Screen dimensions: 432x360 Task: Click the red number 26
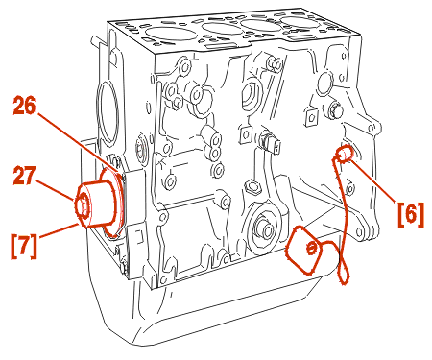(24, 106)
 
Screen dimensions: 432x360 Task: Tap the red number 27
(24, 176)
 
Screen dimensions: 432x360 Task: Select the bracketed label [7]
(24, 246)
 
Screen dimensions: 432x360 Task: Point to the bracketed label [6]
(411, 214)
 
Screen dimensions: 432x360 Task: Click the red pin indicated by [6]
(344, 154)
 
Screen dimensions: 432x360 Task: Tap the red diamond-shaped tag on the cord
(303, 250)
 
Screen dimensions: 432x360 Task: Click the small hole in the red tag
(311, 248)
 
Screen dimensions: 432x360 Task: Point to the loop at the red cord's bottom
(344, 272)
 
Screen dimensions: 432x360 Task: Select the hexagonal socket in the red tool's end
(83, 207)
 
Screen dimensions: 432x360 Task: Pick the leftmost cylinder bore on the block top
(166, 34)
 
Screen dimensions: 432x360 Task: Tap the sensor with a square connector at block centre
(271, 143)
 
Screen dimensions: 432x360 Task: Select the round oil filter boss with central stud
(265, 226)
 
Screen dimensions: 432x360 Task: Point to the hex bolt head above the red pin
(335, 109)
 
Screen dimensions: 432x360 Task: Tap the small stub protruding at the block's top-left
(97, 40)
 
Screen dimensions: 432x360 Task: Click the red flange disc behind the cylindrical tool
(113, 204)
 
